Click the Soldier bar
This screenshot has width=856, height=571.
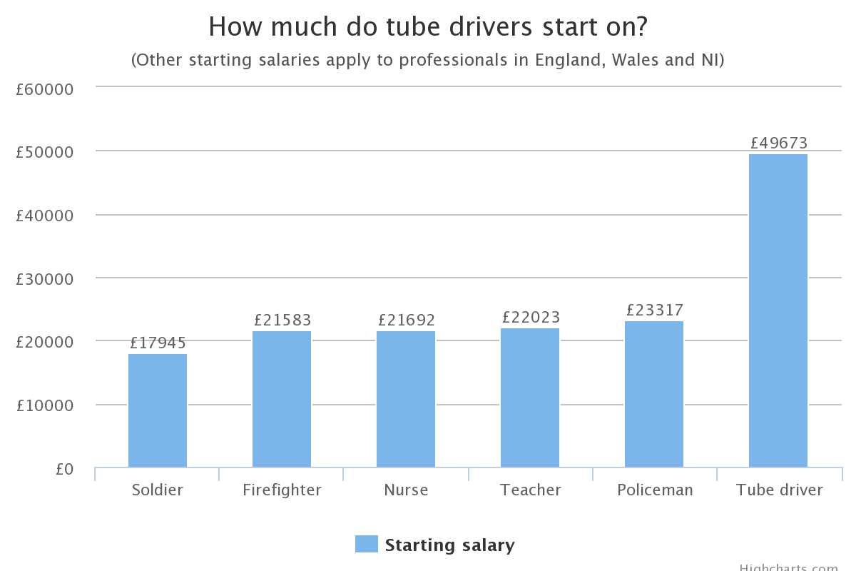[x=158, y=410]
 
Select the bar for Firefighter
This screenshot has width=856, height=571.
[x=282, y=399]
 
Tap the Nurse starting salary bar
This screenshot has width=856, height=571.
[x=406, y=399]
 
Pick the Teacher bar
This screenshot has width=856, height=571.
[x=530, y=398]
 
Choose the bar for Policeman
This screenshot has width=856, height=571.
[x=654, y=394]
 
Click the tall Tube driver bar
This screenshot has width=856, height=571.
[x=778, y=310]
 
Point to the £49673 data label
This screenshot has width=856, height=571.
[x=778, y=143]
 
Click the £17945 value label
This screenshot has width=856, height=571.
[x=158, y=343]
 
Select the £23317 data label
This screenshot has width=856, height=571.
[x=654, y=310]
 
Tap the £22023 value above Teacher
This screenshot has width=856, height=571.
[x=531, y=317]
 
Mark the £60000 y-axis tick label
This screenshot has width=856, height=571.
[x=44, y=89]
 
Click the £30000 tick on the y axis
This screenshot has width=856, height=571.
[x=44, y=279]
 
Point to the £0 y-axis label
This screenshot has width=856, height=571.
[x=64, y=469]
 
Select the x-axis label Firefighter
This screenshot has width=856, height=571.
[x=282, y=490]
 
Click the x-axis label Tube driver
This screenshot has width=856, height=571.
[x=779, y=490]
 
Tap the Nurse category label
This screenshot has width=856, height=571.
[x=406, y=490]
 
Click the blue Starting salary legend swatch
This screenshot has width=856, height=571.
[x=366, y=545]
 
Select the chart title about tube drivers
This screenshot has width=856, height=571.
[x=427, y=27]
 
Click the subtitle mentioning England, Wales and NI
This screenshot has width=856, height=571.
[x=427, y=60]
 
